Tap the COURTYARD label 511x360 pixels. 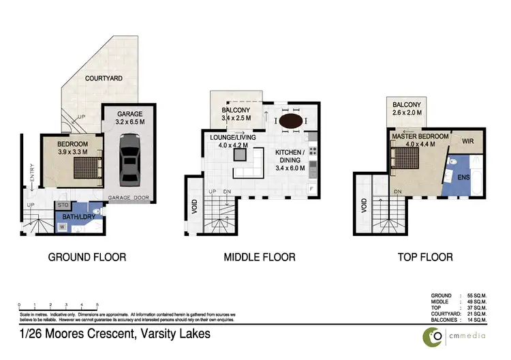(x=104, y=79)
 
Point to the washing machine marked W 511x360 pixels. (x=63, y=228)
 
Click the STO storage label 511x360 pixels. (x=62, y=204)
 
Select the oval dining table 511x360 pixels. (x=292, y=121)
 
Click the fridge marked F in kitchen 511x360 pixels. (x=312, y=187)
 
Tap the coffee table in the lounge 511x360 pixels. (x=239, y=154)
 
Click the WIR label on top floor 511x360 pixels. (x=467, y=142)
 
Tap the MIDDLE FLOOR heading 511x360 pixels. (x=260, y=257)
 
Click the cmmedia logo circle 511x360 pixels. (x=431, y=336)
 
